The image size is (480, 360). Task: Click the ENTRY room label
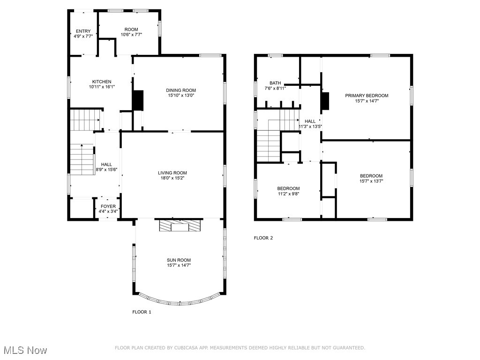click(x=83, y=31)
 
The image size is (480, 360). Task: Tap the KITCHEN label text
click(x=102, y=82)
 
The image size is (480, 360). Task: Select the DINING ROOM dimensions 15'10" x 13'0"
click(x=181, y=96)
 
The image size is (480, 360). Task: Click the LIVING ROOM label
click(x=172, y=173)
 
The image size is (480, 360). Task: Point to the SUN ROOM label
click(x=179, y=260)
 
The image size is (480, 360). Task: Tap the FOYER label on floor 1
click(x=108, y=206)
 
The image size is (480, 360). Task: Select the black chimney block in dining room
click(x=138, y=100)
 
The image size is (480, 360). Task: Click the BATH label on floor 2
click(x=275, y=83)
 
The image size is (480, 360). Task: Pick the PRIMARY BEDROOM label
click(x=367, y=96)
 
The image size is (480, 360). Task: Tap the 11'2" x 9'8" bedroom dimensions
click(x=288, y=194)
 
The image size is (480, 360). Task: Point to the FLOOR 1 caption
click(x=142, y=312)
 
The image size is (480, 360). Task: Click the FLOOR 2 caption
click(x=263, y=238)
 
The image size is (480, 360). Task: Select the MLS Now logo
click(x=25, y=350)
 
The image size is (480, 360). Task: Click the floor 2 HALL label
click(x=310, y=121)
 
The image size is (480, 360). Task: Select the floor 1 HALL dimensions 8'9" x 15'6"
click(x=106, y=169)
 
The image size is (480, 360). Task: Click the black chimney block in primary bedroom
click(x=325, y=102)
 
